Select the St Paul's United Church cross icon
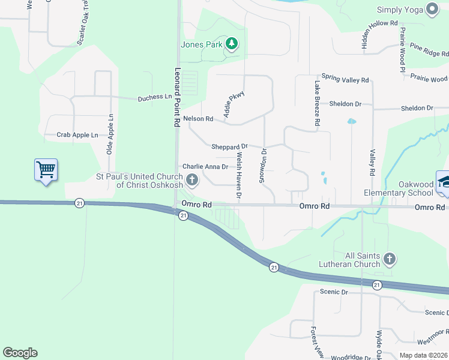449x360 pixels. click(x=192, y=179)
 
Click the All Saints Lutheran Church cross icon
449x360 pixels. click(x=389, y=259)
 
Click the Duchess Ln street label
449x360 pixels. click(x=155, y=97)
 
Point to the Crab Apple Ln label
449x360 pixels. click(x=77, y=136)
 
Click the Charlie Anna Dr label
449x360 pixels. click(x=205, y=167)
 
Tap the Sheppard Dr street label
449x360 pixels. click(x=229, y=146)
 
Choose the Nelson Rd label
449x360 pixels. click(x=198, y=119)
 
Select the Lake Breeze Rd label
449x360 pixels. click(x=316, y=104)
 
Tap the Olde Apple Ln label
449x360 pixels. click(x=110, y=134)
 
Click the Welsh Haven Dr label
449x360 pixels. click(x=239, y=175)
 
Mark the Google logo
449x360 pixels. click(x=20, y=353)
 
